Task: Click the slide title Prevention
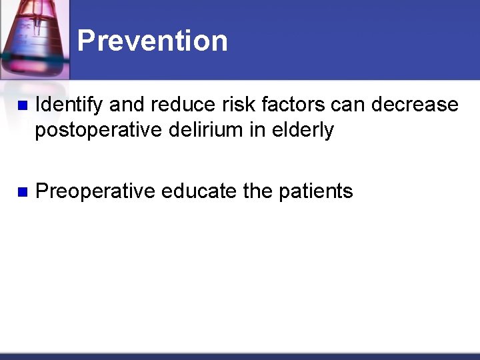[x=152, y=41]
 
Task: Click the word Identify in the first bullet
[x=69, y=105]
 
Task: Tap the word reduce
[x=175, y=105]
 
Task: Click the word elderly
[x=303, y=130]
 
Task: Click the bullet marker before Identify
[x=21, y=106]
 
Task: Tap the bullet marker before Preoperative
[x=21, y=192]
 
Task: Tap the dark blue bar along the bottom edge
[x=240, y=356]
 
